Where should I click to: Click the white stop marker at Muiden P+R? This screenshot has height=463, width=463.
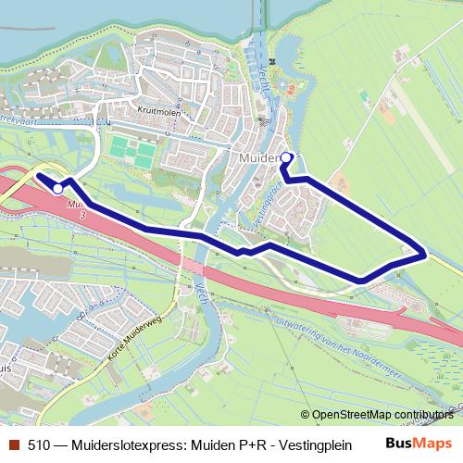coord(57,188)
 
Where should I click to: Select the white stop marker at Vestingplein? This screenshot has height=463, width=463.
coord(285,157)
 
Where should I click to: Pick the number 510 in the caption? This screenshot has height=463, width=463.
coord(39,444)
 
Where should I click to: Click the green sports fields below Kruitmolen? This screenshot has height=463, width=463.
coord(131,151)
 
